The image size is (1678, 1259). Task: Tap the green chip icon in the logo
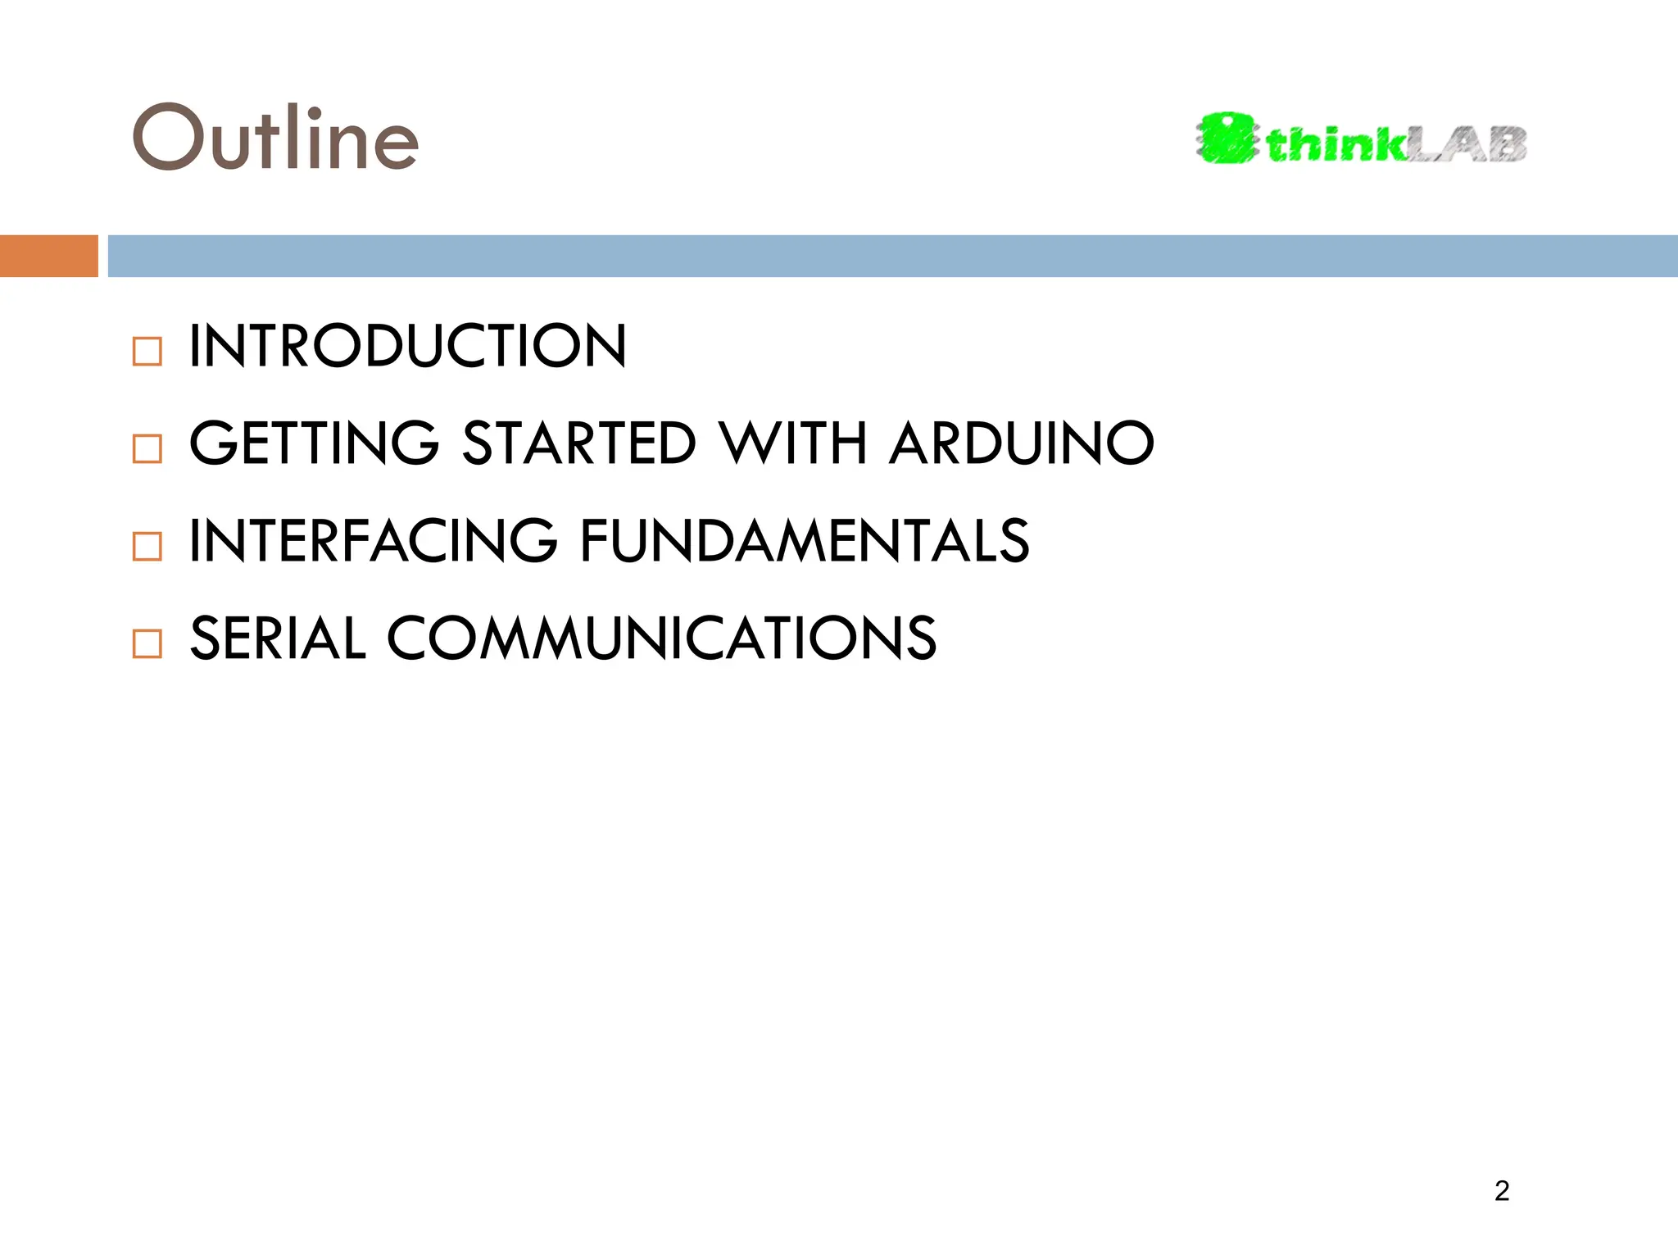click(x=1227, y=139)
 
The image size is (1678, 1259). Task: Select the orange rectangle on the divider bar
click(x=48, y=256)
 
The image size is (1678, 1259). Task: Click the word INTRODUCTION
click(x=407, y=346)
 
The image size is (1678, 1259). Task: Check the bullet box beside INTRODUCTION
click(x=147, y=352)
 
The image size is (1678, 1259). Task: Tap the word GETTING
click(x=314, y=443)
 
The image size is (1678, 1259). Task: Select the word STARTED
click(x=579, y=443)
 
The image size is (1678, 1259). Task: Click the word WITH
click(x=793, y=443)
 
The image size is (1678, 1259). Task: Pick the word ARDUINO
click(x=1022, y=443)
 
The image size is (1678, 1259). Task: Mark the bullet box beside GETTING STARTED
click(x=147, y=449)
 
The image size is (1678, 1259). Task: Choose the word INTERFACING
click(x=373, y=541)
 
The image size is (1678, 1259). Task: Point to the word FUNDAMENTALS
click(x=805, y=541)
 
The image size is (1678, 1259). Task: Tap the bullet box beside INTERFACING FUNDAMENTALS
click(x=147, y=546)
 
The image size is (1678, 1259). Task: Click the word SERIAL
click(x=277, y=639)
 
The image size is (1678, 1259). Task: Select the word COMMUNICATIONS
click(x=661, y=639)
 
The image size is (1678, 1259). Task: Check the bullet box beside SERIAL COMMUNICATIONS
click(x=147, y=643)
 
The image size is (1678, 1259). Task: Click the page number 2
click(x=1501, y=1191)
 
